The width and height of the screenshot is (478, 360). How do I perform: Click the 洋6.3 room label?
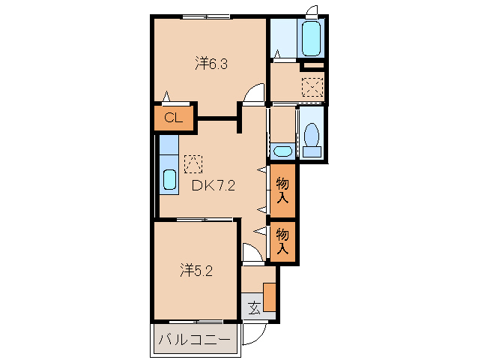click(x=211, y=64)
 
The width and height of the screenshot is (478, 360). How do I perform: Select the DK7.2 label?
click(x=213, y=185)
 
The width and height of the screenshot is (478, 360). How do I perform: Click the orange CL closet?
click(x=174, y=118)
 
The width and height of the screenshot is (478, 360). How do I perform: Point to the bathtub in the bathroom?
click(x=311, y=38)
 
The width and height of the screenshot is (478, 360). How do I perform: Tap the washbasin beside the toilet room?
click(x=283, y=151)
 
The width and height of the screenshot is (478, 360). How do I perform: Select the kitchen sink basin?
click(x=169, y=179)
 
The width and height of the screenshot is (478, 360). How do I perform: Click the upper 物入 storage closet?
click(x=282, y=190)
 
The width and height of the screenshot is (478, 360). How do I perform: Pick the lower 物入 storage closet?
click(x=282, y=241)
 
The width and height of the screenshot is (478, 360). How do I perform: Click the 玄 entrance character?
click(x=255, y=307)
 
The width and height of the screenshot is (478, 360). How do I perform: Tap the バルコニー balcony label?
click(x=194, y=339)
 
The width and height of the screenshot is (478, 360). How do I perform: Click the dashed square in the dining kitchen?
click(x=193, y=163)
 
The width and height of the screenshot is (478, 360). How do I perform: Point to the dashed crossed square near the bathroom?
click(x=312, y=87)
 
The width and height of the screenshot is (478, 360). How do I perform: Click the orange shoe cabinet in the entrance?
click(x=270, y=297)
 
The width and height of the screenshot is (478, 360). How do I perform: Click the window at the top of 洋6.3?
click(x=206, y=16)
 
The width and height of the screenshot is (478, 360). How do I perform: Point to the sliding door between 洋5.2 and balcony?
click(x=196, y=322)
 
